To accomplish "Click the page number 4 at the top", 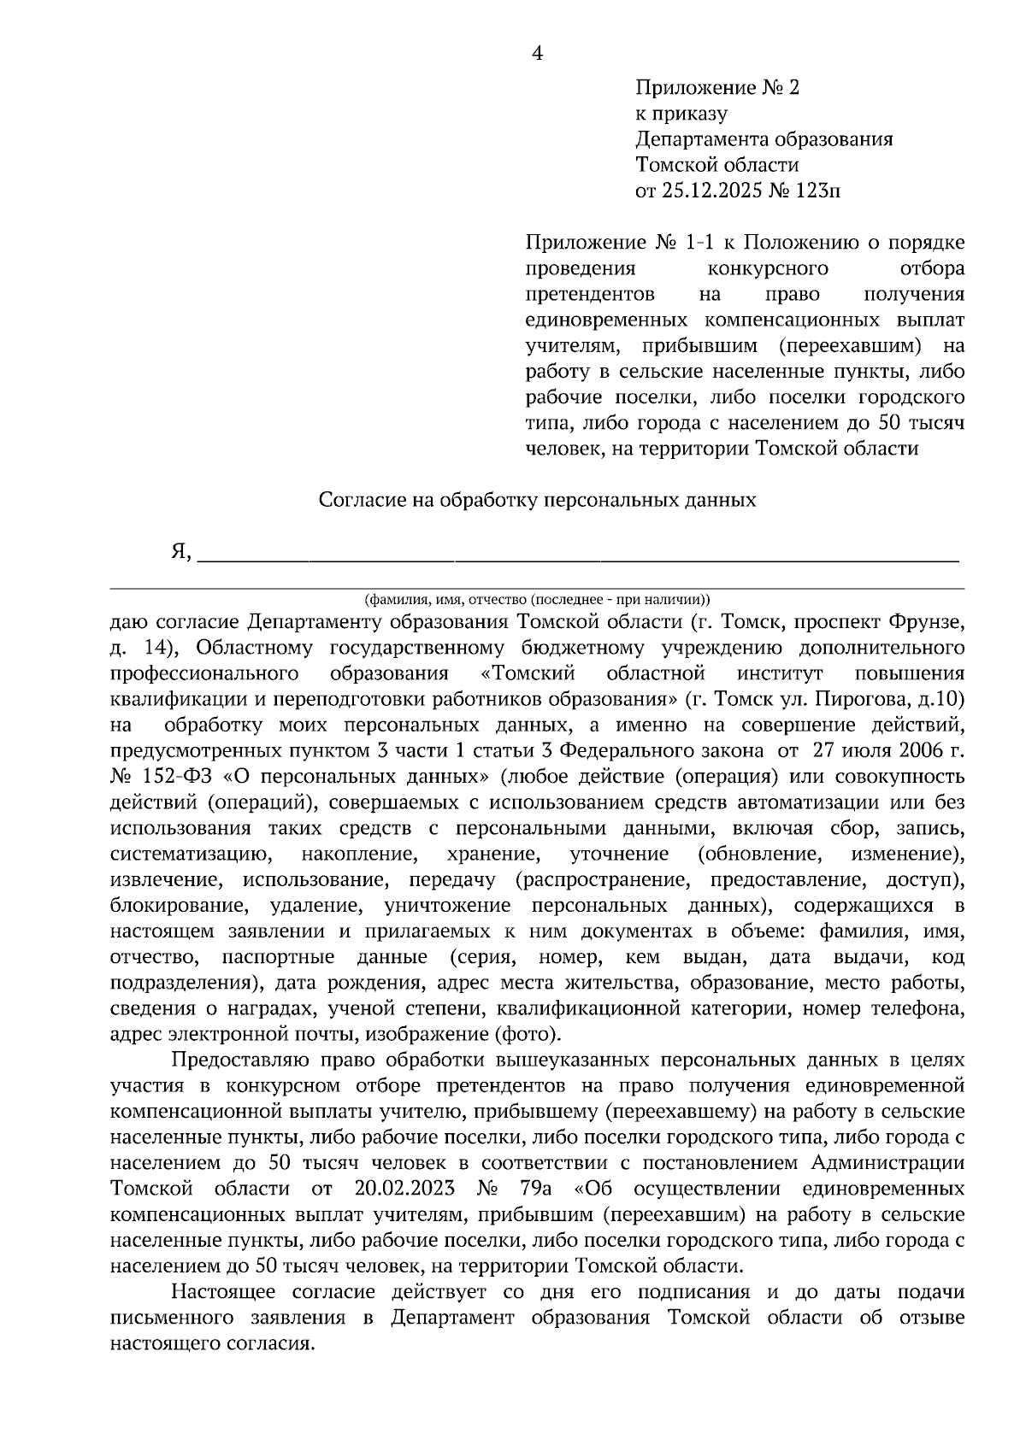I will tap(537, 54).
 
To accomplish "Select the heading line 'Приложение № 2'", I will tap(716, 88).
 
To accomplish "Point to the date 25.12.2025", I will tap(712, 191).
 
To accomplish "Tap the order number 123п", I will tap(817, 191).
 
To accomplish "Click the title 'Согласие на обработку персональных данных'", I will tap(537, 500).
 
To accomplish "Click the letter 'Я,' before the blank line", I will tap(180, 552).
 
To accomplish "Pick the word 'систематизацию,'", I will tap(191, 854).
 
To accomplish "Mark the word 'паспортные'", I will tap(278, 957).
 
